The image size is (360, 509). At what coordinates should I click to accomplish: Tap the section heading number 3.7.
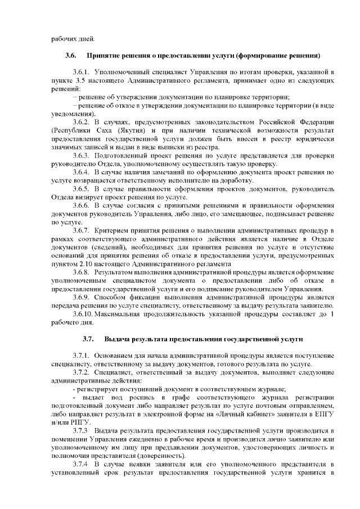[88, 339]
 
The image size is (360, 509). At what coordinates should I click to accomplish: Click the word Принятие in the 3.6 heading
[105, 56]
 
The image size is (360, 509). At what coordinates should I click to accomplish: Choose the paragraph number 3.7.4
[82, 464]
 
